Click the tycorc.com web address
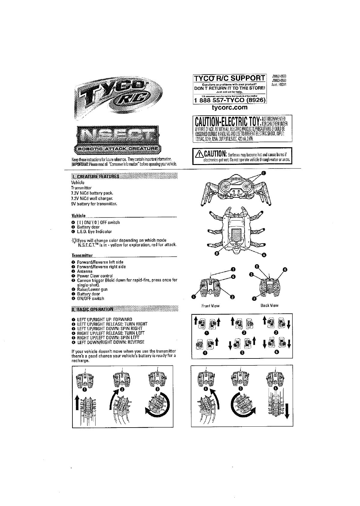pos(230,107)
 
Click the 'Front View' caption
pos(210,306)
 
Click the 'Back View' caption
pos(270,306)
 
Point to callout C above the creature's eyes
pos(264,173)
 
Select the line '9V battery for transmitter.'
pos(94,204)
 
